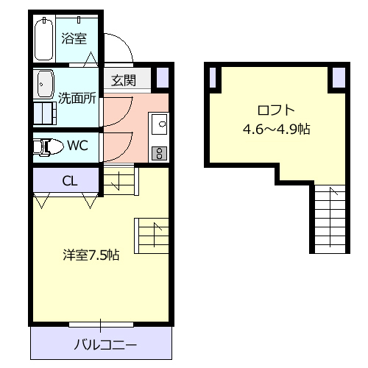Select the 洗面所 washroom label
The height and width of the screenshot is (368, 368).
(77, 97)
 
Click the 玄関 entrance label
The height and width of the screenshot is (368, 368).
(123, 80)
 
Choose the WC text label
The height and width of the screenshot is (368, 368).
(77, 145)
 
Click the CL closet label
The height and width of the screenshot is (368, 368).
(68, 180)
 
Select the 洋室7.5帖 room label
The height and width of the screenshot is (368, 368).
(91, 255)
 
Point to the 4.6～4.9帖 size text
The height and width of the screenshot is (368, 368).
(276, 130)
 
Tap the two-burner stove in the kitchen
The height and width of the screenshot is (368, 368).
(158, 152)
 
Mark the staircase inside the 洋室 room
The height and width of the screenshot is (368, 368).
(153, 235)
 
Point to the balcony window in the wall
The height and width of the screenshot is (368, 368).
(101, 324)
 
